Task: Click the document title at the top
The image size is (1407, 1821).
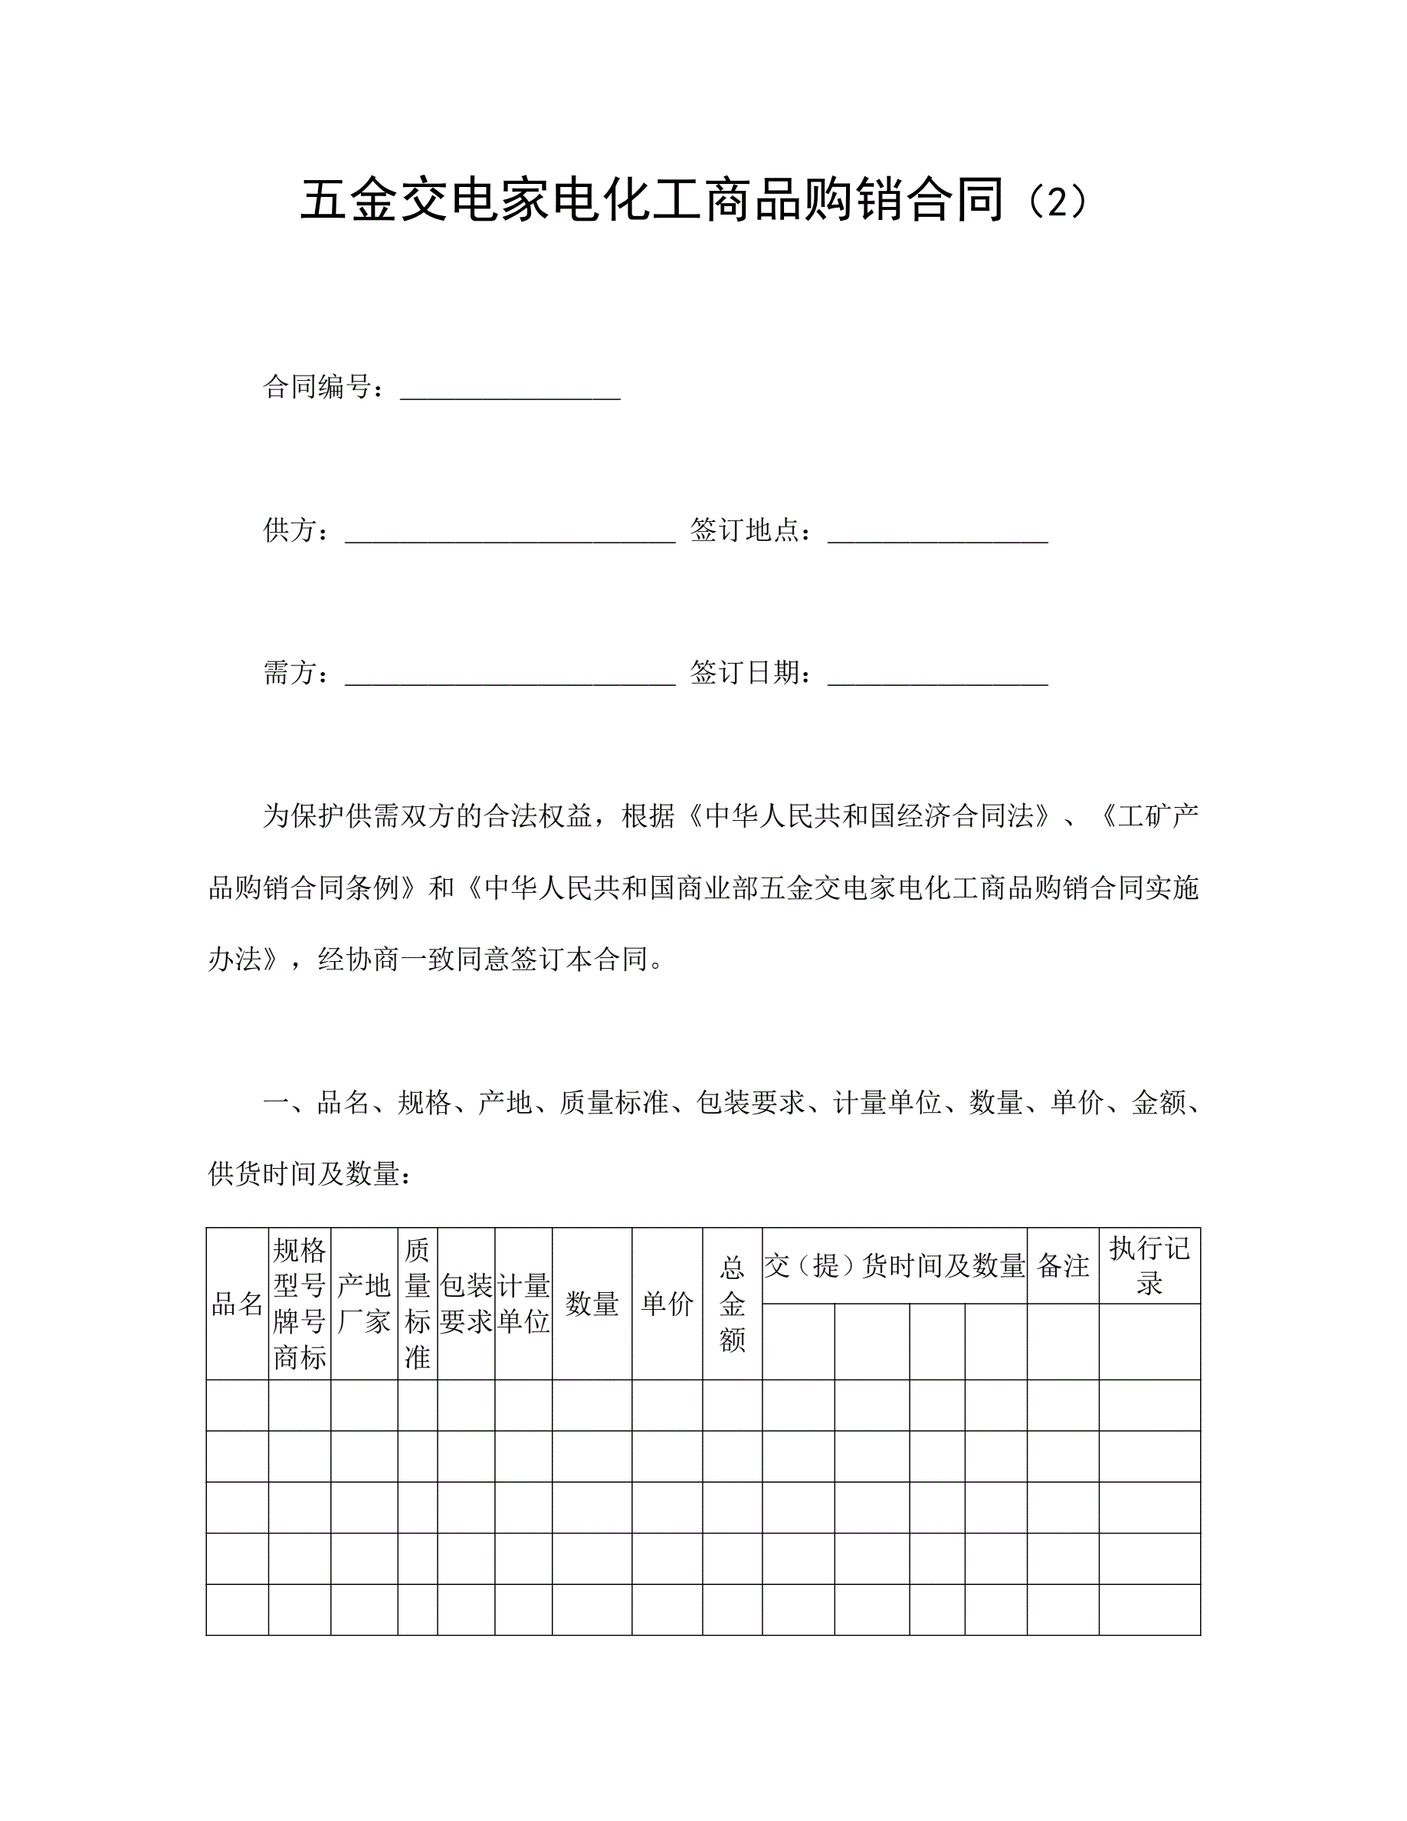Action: pyautogui.click(x=694, y=201)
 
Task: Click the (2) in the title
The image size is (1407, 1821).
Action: pyautogui.click(x=1056, y=202)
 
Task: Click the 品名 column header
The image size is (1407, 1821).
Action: pyautogui.click(x=238, y=1304)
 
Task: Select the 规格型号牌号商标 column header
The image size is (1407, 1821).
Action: pyautogui.click(x=299, y=1304)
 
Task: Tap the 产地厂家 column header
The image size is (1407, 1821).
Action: pyautogui.click(x=364, y=1304)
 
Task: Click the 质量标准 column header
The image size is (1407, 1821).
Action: pyautogui.click(x=418, y=1304)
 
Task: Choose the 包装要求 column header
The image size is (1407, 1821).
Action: pyautogui.click(x=466, y=1304)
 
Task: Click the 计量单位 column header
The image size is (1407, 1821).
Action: pyautogui.click(x=523, y=1304)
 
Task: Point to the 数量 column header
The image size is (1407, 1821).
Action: pyautogui.click(x=592, y=1304)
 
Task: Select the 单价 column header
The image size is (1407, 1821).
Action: pyautogui.click(x=667, y=1304)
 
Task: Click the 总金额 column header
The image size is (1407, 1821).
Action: pyautogui.click(x=732, y=1304)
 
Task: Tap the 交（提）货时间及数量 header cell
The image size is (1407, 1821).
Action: pyautogui.click(x=894, y=1267)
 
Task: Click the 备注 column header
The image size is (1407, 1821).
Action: pyautogui.click(x=1063, y=1267)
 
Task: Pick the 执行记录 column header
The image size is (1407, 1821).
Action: pyautogui.click(x=1150, y=1267)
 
